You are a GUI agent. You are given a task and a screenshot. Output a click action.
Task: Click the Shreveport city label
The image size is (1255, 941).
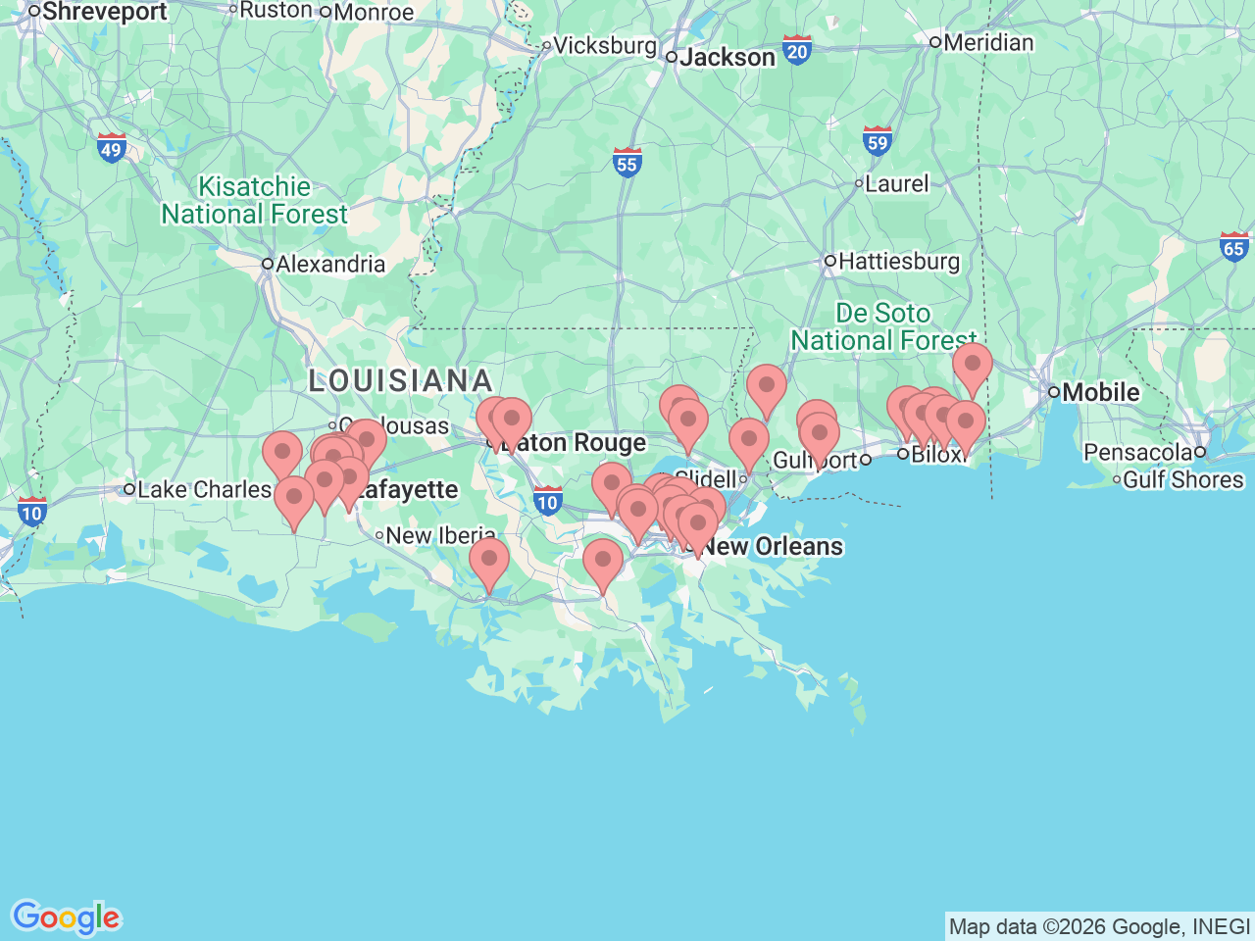pyautogui.click(x=104, y=12)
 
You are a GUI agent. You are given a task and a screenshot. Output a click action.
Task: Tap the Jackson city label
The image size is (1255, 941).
pyautogui.click(x=727, y=58)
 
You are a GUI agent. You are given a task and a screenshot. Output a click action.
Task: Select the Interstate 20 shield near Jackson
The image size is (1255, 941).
pyautogui.click(x=797, y=51)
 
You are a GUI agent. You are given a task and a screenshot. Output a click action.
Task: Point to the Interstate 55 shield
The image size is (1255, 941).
pyautogui.click(x=627, y=163)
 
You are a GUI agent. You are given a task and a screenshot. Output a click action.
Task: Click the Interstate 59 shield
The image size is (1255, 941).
pyautogui.click(x=877, y=142)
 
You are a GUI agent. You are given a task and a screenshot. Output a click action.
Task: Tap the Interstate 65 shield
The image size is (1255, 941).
pyautogui.click(x=1234, y=247)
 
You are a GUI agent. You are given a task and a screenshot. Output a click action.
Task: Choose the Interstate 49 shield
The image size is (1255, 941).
pyautogui.click(x=112, y=149)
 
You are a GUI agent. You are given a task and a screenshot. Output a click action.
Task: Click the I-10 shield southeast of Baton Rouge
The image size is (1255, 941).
pyautogui.click(x=547, y=502)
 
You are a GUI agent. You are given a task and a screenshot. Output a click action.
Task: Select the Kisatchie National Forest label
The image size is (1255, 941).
pyautogui.click(x=254, y=200)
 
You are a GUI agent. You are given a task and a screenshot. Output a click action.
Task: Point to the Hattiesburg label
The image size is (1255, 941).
pyautogui.click(x=898, y=262)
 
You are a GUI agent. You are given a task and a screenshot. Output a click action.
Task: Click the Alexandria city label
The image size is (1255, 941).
pyautogui.click(x=330, y=265)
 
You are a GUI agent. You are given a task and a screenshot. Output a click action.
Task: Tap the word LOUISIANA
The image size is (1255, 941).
pyautogui.click(x=400, y=380)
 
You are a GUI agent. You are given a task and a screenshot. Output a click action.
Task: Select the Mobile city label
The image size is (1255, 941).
pyautogui.click(x=1100, y=392)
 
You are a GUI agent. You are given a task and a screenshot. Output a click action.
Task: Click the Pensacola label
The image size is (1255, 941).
pyautogui.click(x=1137, y=453)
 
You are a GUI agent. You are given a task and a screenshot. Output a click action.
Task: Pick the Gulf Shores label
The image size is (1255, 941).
pyautogui.click(x=1182, y=480)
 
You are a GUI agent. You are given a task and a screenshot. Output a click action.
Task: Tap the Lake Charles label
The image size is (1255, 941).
pyautogui.click(x=204, y=489)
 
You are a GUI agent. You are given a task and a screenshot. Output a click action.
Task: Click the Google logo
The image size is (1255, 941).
pyautogui.click(x=66, y=918)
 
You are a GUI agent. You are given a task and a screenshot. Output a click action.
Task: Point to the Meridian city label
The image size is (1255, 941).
pyautogui.click(x=988, y=43)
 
